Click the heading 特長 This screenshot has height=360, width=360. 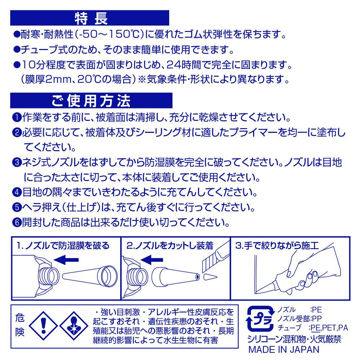[x=91, y=18]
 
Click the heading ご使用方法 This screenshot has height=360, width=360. [x=91, y=101]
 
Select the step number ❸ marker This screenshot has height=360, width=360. [x=17, y=163]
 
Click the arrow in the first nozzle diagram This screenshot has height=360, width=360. [x=66, y=260]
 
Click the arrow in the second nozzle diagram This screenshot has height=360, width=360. [x=152, y=260]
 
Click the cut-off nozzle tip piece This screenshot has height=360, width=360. [x=210, y=277]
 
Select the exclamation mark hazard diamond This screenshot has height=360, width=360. [x=44, y=325]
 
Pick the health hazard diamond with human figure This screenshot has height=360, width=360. [x=74, y=325]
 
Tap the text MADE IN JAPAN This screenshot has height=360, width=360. [x=284, y=350]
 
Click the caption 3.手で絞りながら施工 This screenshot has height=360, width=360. [x=277, y=246]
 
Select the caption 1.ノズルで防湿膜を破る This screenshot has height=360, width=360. [x=63, y=246]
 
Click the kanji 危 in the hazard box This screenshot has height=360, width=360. [x=20, y=318]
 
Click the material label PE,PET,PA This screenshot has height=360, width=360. [x=329, y=328]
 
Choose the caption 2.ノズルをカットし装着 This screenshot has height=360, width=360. [x=170, y=246]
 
